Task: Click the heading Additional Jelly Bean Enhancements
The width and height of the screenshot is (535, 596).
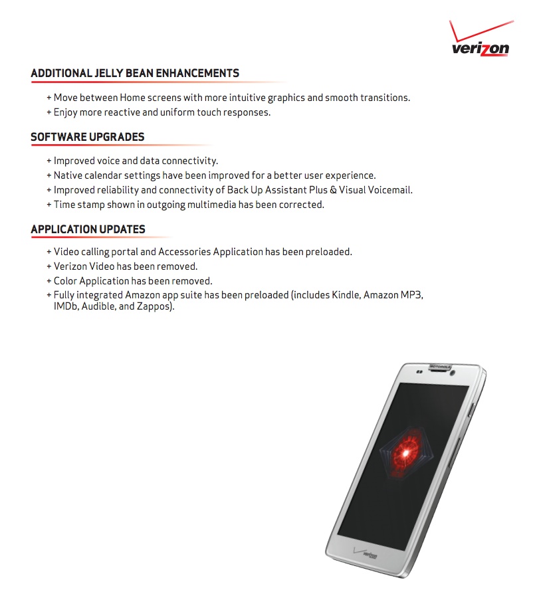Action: pyautogui.click(x=135, y=73)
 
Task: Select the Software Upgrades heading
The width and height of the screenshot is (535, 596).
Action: pyautogui.click(x=88, y=137)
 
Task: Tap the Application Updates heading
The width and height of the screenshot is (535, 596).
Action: pyautogui.click(x=88, y=229)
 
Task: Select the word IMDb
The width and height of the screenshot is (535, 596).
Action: pyautogui.click(x=65, y=308)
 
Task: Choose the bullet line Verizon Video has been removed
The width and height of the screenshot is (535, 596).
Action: pyautogui.click(x=126, y=266)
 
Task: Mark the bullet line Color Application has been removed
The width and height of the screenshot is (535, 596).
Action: pyautogui.click(x=133, y=281)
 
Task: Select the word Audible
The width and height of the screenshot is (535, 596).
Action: pyautogui.click(x=98, y=308)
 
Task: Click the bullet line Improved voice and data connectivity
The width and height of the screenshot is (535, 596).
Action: pyautogui.click(x=136, y=161)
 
